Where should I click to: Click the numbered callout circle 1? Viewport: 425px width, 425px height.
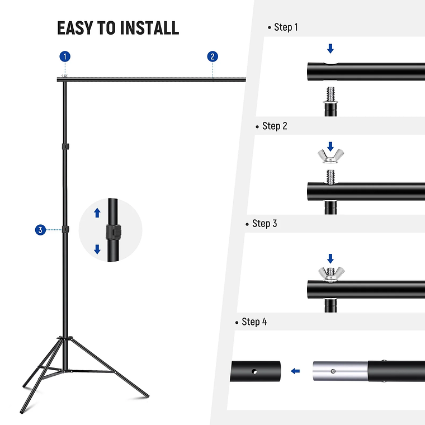[x=65, y=56]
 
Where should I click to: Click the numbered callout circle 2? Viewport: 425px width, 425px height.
[x=212, y=56]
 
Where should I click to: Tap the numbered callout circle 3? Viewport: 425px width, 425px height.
[x=40, y=230]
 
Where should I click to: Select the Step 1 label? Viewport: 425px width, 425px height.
[x=286, y=27]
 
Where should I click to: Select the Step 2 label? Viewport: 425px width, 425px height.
[x=275, y=126]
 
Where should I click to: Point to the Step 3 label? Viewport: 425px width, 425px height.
[x=265, y=223]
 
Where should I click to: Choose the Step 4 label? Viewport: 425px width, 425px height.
[x=254, y=322]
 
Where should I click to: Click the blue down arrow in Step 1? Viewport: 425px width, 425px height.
[x=330, y=49]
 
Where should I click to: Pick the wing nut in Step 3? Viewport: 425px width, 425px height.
[x=330, y=273]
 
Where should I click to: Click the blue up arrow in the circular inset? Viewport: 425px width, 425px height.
[x=97, y=212]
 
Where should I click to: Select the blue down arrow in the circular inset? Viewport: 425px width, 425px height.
[x=97, y=249]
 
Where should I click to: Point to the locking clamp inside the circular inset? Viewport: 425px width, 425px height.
[x=114, y=231]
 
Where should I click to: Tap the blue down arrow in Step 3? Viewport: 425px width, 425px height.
[x=330, y=258]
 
